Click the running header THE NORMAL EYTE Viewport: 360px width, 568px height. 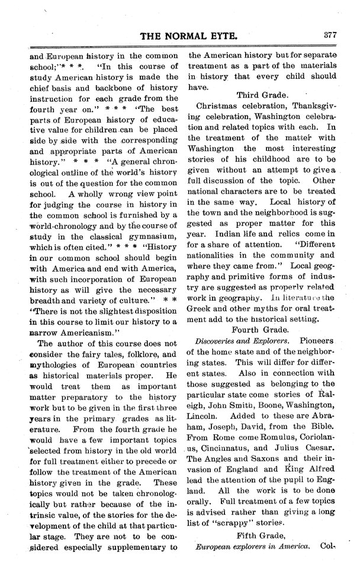pyautogui.click(x=188, y=36)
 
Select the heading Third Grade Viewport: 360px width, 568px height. pyautogui.click(x=262, y=95)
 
